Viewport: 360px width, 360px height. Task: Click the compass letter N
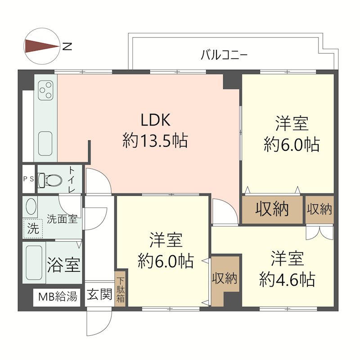point(67,46)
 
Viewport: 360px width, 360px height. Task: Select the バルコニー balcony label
point(224,56)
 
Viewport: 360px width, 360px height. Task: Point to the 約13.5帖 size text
point(155,141)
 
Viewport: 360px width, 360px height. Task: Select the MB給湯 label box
point(58,297)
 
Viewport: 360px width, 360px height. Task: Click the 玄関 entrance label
point(99,295)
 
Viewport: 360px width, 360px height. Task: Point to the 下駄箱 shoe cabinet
point(121,288)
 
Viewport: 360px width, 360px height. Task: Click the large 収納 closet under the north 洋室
point(272,209)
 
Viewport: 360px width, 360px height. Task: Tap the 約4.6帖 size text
point(287,280)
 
